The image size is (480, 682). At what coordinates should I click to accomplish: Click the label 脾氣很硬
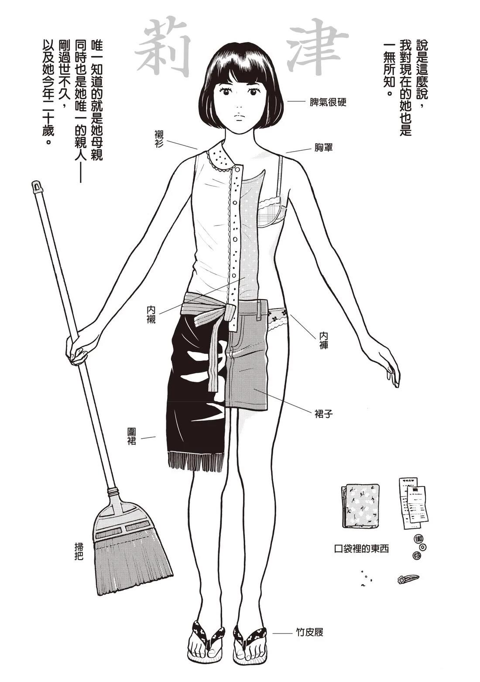[x=328, y=102]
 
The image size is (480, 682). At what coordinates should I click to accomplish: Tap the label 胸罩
[x=324, y=148]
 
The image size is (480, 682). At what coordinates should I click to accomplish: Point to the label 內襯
[x=151, y=315]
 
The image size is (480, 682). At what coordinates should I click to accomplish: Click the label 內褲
[x=323, y=340]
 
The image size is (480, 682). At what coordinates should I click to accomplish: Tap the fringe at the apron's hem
[x=196, y=461]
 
